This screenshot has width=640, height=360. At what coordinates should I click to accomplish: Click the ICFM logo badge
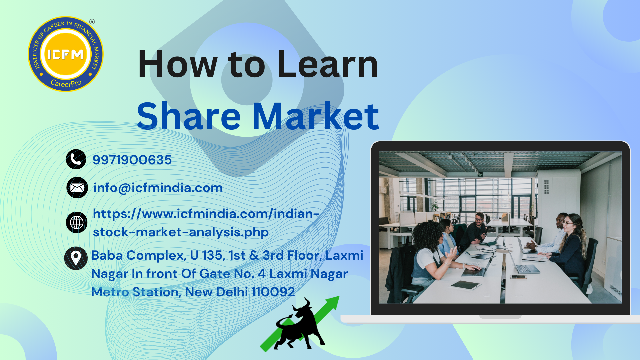click(x=66, y=54)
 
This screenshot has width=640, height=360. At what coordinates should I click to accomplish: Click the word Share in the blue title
click(x=189, y=116)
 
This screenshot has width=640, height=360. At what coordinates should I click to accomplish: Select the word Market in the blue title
click(x=315, y=116)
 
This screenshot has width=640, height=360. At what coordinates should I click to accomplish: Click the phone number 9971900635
click(x=132, y=160)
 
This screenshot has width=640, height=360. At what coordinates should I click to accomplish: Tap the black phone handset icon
click(x=76, y=159)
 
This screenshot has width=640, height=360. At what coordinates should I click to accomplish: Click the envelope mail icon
click(x=77, y=188)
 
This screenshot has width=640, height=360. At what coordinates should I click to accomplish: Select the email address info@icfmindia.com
click(x=158, y=188)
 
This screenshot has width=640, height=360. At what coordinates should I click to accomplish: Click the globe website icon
click(x=77, y=222)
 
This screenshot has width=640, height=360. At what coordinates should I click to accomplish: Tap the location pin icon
click(x=76, y=258)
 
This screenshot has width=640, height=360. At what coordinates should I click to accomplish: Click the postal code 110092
click(x=273, y=292)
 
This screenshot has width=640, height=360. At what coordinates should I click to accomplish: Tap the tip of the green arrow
click(x=339, y=296)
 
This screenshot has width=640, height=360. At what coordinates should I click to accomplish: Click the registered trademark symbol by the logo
click(x=92, y=22)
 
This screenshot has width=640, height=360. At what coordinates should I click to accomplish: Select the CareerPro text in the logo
click(x=66, y=83)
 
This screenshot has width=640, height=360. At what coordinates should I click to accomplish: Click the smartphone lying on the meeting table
click(x=518, y=277)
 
